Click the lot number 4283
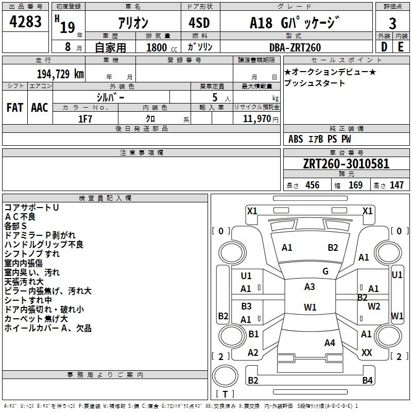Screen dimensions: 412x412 [x=26, y=23]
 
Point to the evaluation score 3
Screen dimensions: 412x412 [x=392, y=23]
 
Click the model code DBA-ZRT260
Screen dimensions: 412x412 [x=295, y=47]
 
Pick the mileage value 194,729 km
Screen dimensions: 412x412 [x=60, y=74]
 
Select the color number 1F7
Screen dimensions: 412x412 [x=85, y=118]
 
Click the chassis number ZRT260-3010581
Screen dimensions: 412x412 [x=346, y=164]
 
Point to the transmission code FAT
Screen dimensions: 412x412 [x=14, y=108]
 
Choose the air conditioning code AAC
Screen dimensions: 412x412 [x=39, y=108]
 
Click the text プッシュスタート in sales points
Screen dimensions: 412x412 [x=315, y=83]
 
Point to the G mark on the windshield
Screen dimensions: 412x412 [x=325, y=271]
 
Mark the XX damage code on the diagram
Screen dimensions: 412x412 [x=367, y=353]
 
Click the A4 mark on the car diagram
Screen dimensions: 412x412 [x=330, y=343]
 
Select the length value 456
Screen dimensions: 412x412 [x=312, y=185]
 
